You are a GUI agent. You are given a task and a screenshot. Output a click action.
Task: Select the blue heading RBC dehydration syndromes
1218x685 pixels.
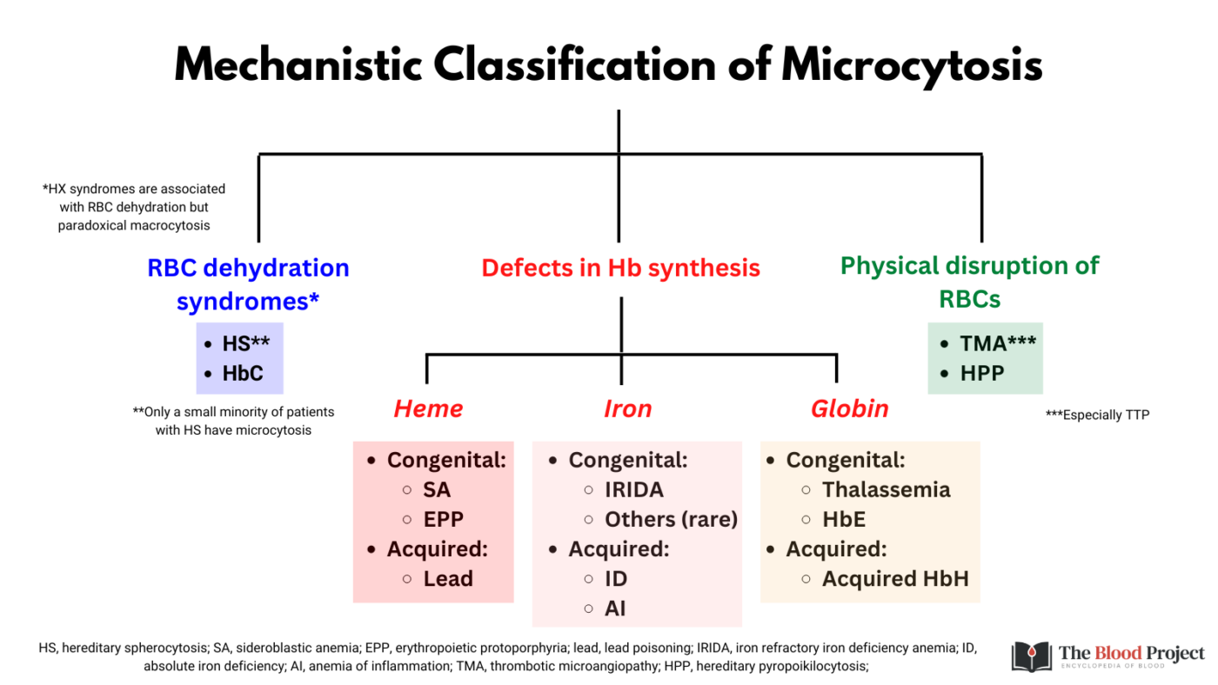click(248, 283)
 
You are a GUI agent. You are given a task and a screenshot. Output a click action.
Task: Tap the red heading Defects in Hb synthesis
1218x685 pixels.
click(620, 268)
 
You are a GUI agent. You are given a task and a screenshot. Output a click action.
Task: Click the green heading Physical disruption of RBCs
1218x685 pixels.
click(969, 282)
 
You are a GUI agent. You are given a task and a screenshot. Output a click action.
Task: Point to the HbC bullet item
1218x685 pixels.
click(243, 375)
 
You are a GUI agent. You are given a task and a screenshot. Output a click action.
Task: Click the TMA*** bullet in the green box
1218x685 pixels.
click(997, 342)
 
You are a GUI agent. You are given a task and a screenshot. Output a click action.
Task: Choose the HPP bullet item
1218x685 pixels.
click(982, 373)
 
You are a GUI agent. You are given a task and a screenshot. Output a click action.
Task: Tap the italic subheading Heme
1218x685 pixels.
click(428, 409)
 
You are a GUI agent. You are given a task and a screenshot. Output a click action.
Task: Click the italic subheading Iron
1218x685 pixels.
click(627, 409)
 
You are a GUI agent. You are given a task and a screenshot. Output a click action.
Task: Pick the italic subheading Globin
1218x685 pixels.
click(849, 409)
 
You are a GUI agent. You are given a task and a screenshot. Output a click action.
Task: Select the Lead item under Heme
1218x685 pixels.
click(448, 578)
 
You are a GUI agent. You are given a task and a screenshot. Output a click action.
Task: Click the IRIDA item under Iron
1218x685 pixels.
click(633, 489)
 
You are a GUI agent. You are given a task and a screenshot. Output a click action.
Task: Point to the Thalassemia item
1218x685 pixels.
click(886, 489)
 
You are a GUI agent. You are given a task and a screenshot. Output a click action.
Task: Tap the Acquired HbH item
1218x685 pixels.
click(895, 578)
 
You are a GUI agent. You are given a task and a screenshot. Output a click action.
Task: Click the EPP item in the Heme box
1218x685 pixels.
click(443, 519)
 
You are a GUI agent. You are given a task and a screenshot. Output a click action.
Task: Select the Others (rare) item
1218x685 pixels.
click(671, 519)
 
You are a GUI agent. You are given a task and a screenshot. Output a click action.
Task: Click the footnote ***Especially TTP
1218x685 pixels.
click(1097, 416)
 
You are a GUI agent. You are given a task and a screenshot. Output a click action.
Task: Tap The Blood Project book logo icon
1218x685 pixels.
click(1031, 656)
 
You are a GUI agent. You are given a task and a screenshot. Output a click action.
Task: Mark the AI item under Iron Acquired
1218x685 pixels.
click(615, 608)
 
